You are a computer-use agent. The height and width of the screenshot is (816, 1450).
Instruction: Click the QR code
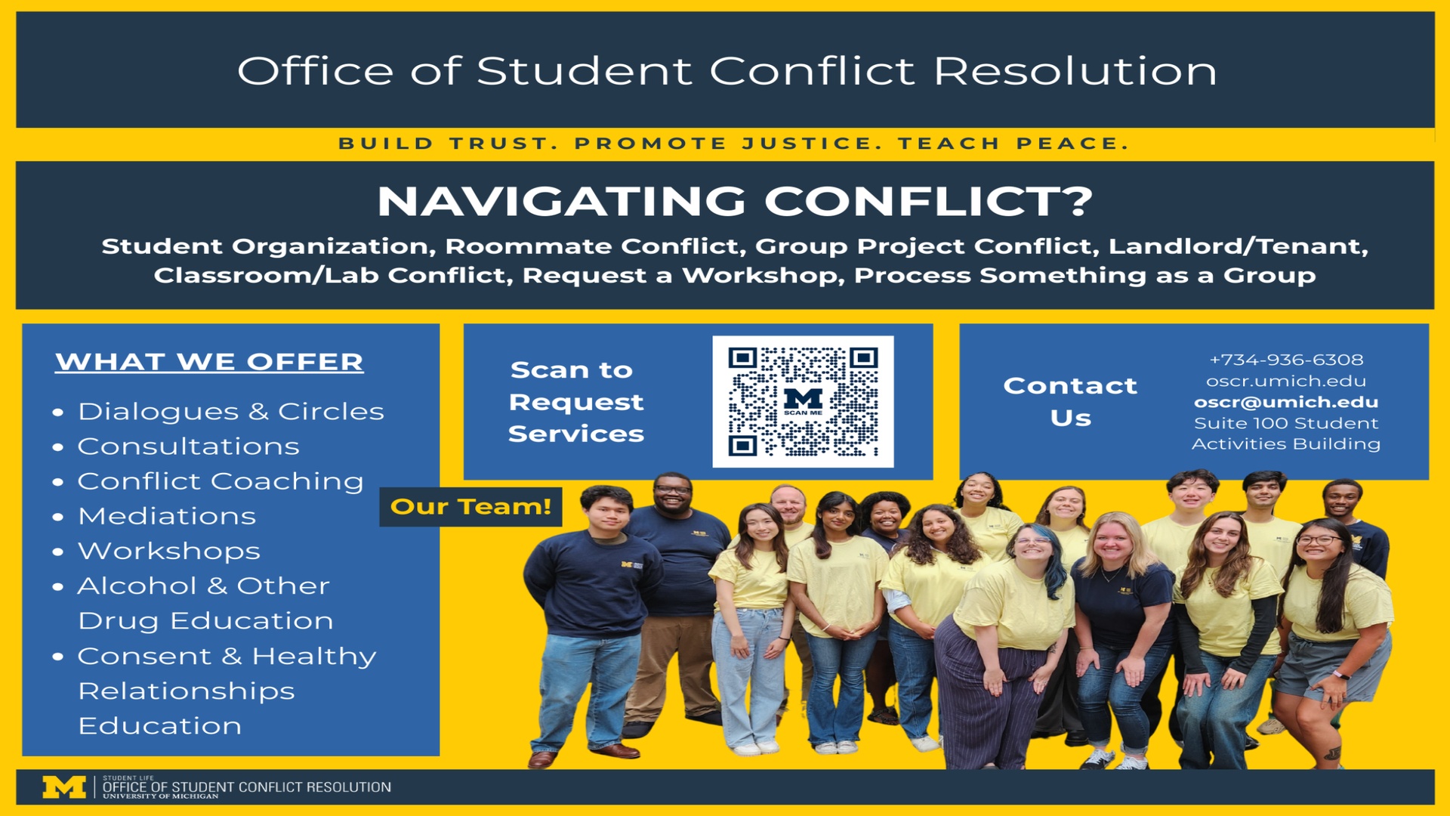(803, 401)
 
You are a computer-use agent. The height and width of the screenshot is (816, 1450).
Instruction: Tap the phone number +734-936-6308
(1286, 360)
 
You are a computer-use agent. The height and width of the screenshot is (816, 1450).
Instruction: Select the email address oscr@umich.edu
(1286, 402)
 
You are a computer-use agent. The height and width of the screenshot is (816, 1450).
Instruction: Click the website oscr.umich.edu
(1286, 381)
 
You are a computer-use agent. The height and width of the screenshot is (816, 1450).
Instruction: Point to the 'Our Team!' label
(470, 506)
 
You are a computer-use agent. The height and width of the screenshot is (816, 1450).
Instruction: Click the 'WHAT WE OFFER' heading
(209, 362)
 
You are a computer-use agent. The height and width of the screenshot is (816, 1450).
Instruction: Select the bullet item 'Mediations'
(167, 516)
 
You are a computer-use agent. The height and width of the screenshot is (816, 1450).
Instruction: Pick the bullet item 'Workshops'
(169, 552)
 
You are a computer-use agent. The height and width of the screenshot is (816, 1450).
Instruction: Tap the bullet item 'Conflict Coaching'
(221, 481)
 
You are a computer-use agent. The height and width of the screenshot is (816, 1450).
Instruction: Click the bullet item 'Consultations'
(189, 447)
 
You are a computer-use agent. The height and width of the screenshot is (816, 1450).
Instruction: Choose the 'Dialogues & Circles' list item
(231, 411)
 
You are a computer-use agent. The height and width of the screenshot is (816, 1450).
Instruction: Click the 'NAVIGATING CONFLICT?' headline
(735, 201)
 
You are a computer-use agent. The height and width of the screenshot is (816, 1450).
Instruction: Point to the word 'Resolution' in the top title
(1075, 71)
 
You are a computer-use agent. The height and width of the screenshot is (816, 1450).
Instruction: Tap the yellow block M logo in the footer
(64, 787)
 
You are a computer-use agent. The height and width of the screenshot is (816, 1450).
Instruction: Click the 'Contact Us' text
(1070, 401)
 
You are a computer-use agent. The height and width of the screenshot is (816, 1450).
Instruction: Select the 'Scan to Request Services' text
(575, 402)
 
